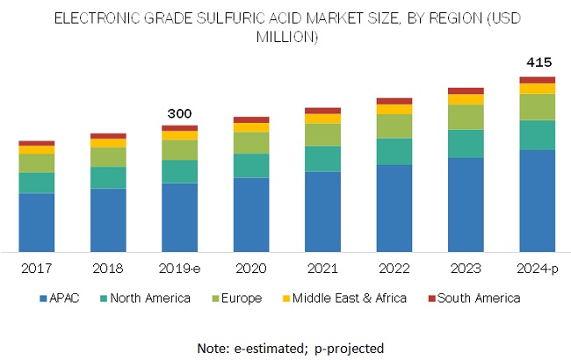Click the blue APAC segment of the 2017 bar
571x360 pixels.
coord(37,222)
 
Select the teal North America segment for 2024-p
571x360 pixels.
coord(537,135)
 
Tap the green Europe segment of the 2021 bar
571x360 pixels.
coord(322,134)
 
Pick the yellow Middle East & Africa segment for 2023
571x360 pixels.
coord(466,99)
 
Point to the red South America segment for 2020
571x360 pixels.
coord(250,119)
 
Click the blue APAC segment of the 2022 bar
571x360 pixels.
coord(394,208)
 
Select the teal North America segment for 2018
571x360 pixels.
coord(108,177)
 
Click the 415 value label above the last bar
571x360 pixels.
coord(537,62)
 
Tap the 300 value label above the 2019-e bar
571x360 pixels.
coord(179,113)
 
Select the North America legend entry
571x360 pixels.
coord(149,299)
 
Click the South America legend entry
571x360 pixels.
coord(474,299)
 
